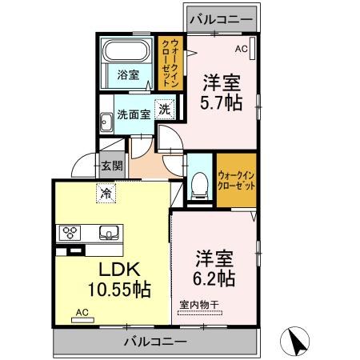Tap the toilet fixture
198,186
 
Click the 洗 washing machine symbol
163,110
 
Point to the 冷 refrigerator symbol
106,192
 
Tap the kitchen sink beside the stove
108,233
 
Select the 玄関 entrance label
112,166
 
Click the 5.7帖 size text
222,102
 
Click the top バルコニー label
221,18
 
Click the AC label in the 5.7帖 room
241,49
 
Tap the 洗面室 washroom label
133,114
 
